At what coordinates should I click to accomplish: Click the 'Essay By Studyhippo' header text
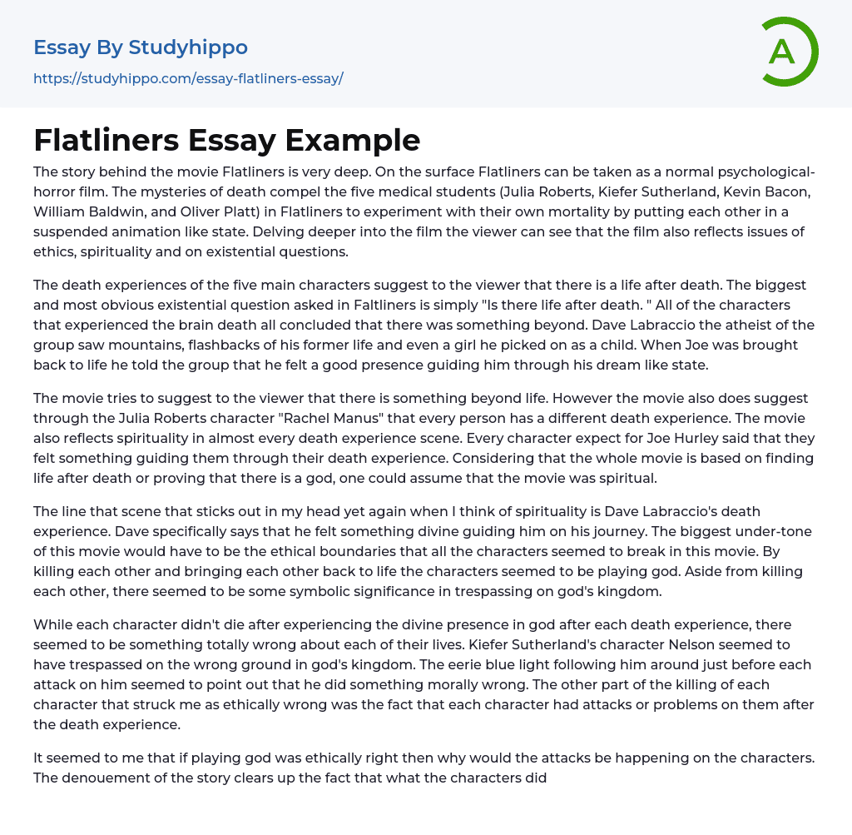point(141,47)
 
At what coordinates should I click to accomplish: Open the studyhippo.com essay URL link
point(188,79)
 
